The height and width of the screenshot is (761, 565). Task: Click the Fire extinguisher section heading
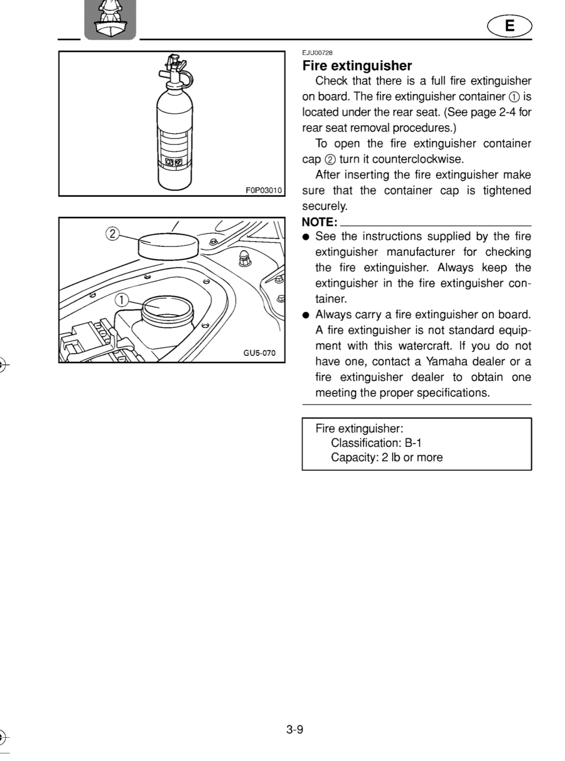click(357, 66)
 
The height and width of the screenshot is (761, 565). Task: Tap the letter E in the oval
click(510, 26)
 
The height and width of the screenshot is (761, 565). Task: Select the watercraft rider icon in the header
click(110, 20)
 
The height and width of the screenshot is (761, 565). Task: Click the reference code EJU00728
click(317, 53)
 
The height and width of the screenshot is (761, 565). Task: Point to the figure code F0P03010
click(263, 190)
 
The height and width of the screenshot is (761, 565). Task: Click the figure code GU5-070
click(260, 353)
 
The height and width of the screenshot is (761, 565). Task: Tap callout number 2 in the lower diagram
click(112, 234)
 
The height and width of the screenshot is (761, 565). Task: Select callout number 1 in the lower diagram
click(122, 300)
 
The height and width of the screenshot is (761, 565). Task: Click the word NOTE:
click(320, 222)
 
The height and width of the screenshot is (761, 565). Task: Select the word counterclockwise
click(418, 159)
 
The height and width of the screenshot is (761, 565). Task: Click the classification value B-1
click(413, 443)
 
